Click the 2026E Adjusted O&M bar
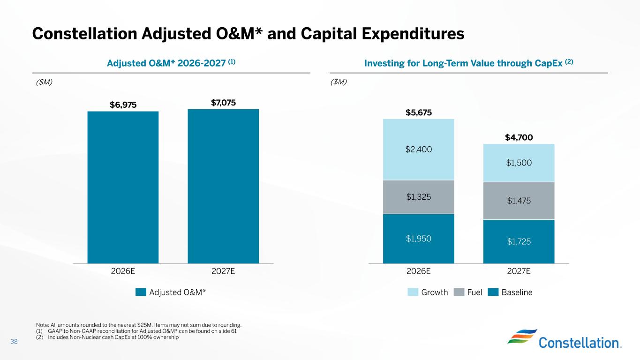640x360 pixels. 123,187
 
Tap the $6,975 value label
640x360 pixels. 123,105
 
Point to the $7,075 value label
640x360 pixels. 223,103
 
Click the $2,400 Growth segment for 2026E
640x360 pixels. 419,150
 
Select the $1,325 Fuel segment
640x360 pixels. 419,197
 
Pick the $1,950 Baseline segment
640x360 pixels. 419,239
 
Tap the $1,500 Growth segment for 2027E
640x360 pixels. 519,163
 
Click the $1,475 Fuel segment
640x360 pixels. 519,201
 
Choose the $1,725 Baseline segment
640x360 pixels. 519,241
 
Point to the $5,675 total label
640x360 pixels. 419,112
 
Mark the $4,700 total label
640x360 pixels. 519,137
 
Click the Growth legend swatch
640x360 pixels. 413,292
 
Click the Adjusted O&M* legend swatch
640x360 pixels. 141,292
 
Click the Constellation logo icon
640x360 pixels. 520,336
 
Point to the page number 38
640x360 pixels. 14,342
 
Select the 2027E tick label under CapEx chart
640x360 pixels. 519,271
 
